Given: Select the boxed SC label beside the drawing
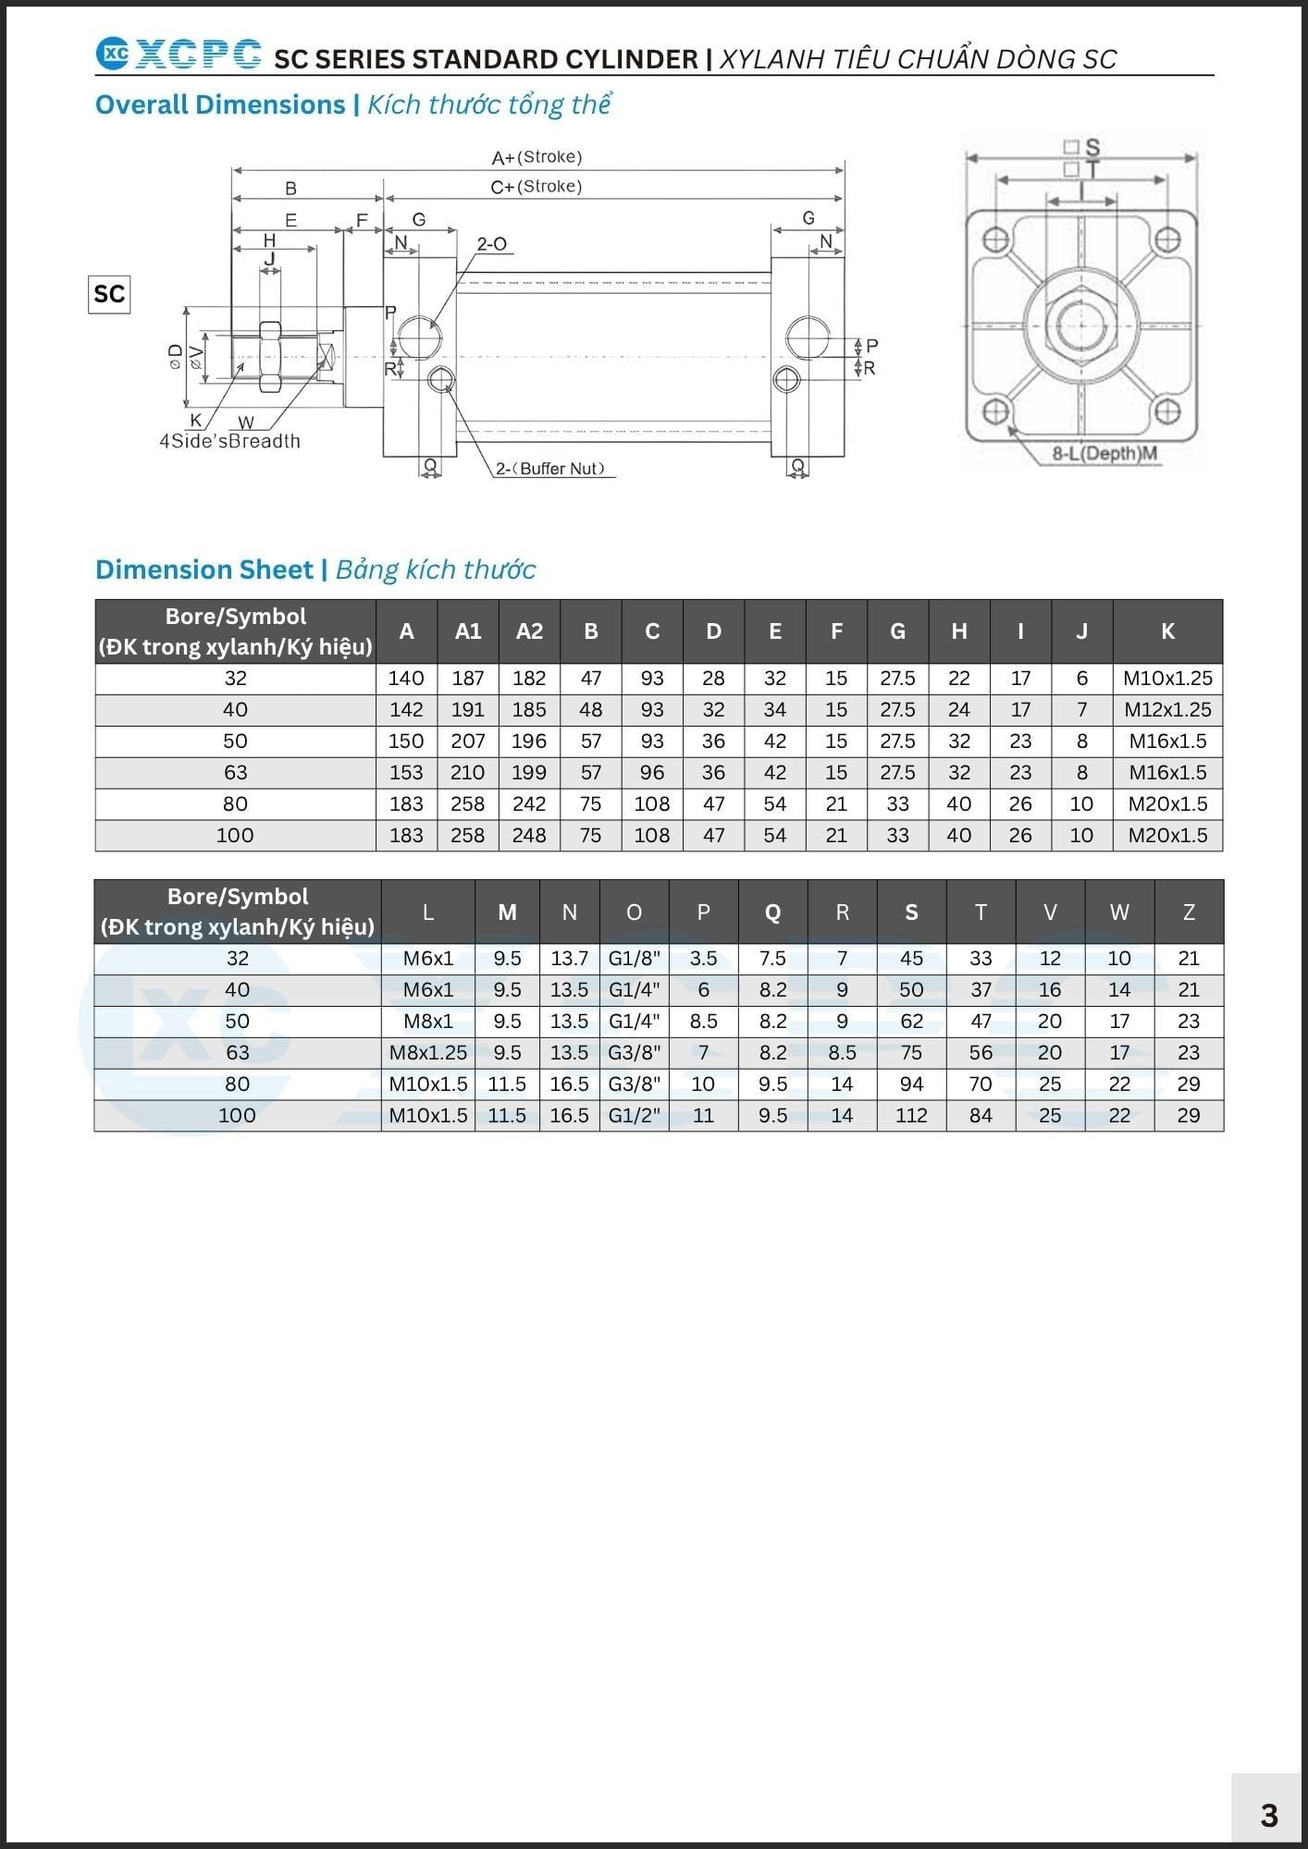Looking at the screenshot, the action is point(109,294).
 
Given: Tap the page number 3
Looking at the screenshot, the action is point(1269,1815).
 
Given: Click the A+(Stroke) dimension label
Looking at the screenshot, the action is point(537,157).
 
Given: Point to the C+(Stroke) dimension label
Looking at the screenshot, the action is point(537,187).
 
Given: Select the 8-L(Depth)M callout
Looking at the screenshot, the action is point(1104,454).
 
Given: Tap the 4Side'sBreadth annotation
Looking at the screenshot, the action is point(230,441).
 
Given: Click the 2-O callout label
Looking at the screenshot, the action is point(492,244).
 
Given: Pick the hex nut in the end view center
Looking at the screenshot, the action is point(1080,324).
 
